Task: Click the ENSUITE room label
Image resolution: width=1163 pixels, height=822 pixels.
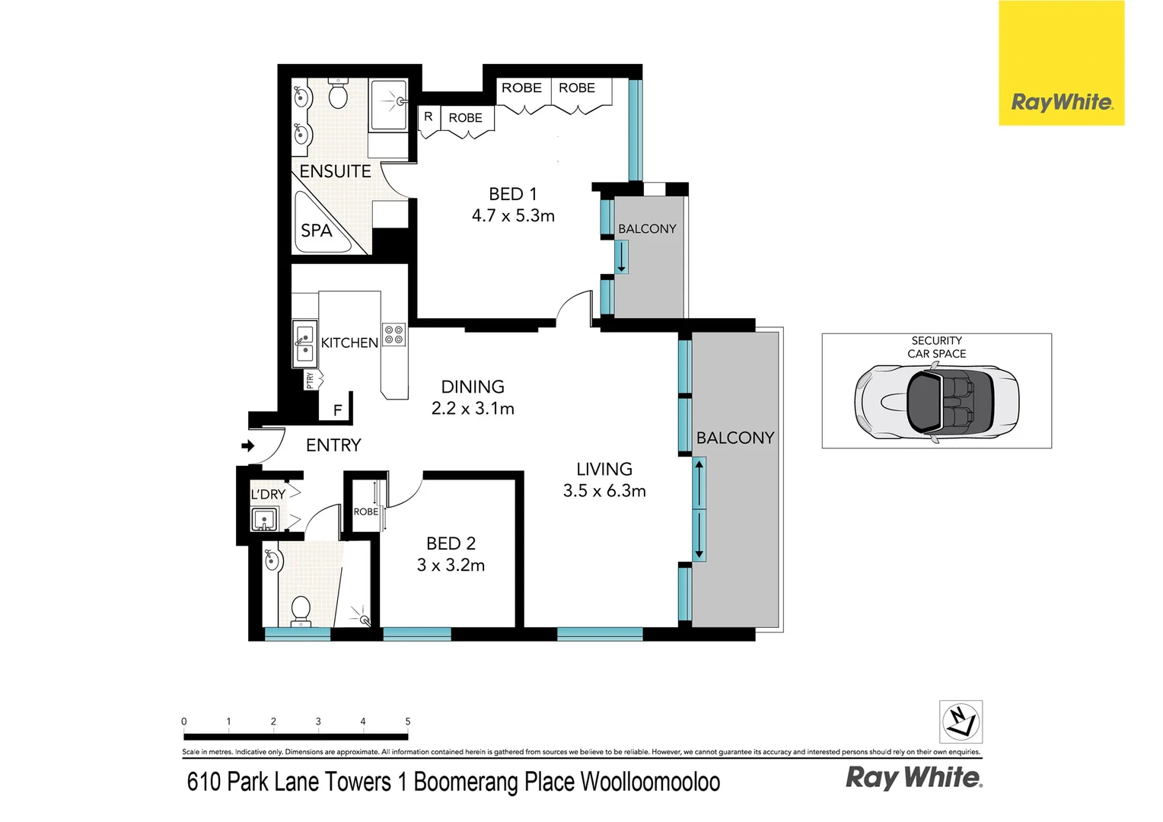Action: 335,171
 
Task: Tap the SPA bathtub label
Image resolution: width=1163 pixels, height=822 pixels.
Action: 316,230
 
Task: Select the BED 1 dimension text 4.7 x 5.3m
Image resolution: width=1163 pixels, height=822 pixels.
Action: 513,216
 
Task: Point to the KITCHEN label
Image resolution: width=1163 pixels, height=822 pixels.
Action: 349,342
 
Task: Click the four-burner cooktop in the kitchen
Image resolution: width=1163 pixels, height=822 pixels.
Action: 394,335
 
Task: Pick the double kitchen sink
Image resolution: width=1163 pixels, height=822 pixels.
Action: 304,342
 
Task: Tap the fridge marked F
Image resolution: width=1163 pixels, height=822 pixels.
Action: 337,410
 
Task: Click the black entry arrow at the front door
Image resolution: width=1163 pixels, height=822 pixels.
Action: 248,446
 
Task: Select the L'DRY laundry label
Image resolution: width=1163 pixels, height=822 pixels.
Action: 268,494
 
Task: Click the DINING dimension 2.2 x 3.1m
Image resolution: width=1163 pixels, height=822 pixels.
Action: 473,409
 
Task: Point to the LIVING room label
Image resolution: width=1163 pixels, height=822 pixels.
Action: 604,469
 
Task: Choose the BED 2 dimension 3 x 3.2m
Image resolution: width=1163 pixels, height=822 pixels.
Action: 451,566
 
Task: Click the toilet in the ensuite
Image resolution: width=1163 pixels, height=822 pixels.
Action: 338,94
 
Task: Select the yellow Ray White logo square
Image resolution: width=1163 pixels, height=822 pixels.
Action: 1061,63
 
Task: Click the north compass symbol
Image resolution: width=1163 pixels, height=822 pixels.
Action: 961,721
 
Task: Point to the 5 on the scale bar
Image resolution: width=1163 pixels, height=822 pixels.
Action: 408,722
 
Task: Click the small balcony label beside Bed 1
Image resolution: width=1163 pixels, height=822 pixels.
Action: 647,228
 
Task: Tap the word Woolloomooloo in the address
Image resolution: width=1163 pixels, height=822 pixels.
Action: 650,782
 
